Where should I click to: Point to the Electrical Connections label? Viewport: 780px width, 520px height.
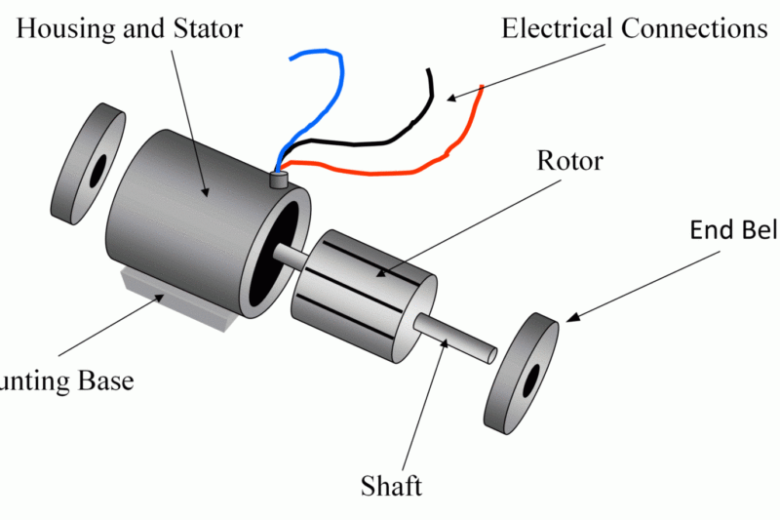point(634,28)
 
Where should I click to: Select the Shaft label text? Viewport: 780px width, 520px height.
point(390,485)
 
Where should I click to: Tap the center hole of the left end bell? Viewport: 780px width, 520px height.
point(97,173)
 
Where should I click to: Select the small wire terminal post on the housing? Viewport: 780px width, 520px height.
point(278,180)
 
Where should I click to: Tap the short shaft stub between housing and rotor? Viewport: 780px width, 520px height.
point(291,259)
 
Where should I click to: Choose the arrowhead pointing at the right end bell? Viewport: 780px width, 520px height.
point(571,318)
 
